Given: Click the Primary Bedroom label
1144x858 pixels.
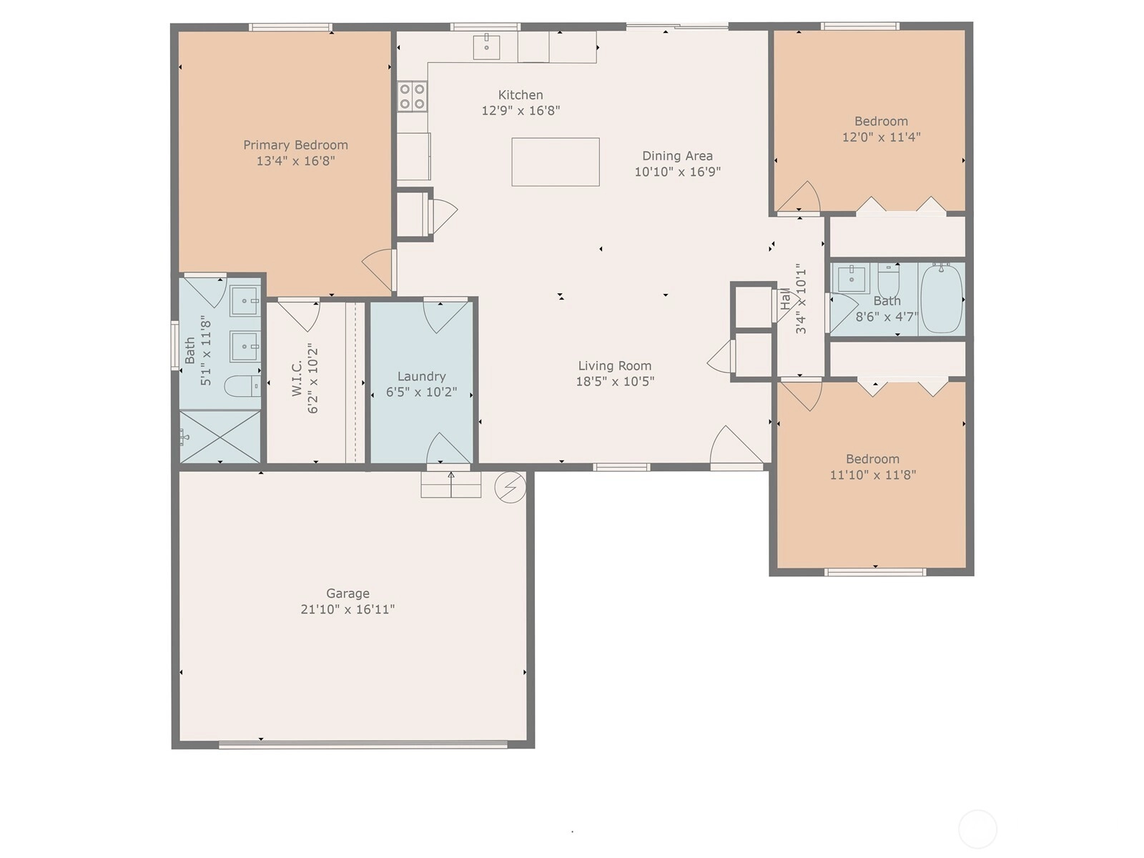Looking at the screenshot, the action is tap(295, 145).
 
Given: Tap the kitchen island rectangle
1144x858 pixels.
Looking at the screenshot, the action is tap(556, 162).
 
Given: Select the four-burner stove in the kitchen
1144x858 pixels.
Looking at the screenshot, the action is tap(413, 97).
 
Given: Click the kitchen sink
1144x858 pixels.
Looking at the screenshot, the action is tap(486, 47).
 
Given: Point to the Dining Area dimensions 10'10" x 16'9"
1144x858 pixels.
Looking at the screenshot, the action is tap(678, 172).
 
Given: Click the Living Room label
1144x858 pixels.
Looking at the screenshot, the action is tap(615, 365).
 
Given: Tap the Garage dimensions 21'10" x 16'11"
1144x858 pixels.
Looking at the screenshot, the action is tap(347, 609).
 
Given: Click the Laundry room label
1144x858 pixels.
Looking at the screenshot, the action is tap(422, 377).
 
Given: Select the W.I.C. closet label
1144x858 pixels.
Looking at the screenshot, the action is tap(297, 378).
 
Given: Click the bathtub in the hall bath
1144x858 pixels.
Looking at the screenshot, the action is tap(941, 298).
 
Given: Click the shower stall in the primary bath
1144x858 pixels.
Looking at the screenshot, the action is tap(220, 437).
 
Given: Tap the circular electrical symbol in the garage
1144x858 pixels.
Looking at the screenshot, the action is tap(511, 487).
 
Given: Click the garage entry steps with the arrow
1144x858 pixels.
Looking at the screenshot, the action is tap(451, 485).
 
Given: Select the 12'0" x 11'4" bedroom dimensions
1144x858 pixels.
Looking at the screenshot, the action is tap(882, 137).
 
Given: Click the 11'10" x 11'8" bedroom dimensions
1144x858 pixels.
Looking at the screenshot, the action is tap(873, 475).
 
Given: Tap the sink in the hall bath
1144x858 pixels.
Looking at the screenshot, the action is tap(851, 280).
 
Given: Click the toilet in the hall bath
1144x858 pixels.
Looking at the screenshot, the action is tap(888, 280).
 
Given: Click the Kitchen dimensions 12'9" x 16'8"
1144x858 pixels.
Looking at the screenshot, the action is tap(521, 111).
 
